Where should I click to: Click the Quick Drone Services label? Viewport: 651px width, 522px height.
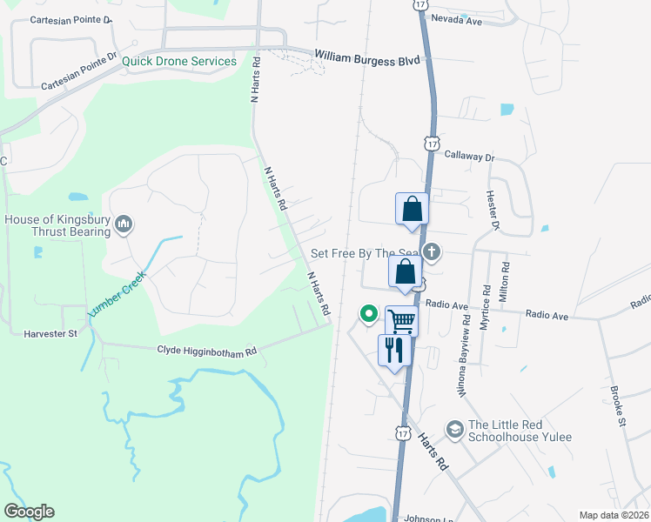pos(179,61)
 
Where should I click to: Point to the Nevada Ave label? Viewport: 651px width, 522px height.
pos(456,19)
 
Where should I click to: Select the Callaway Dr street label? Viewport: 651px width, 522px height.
pos(469,157)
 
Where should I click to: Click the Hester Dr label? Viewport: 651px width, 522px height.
pos(493,210)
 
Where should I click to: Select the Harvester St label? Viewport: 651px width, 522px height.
pos(50,332)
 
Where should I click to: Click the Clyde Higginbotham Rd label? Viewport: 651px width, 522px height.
pos(207,351)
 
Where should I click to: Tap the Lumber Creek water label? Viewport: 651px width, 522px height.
pos(117,293)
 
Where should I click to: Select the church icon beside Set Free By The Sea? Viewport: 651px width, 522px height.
pos(431,253)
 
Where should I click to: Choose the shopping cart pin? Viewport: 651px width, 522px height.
pos(401,320)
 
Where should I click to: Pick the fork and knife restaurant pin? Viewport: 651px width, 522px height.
pos(394,350)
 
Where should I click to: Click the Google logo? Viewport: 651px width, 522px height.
pos(29,512)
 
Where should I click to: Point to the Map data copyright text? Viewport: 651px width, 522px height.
pos(613,515)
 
